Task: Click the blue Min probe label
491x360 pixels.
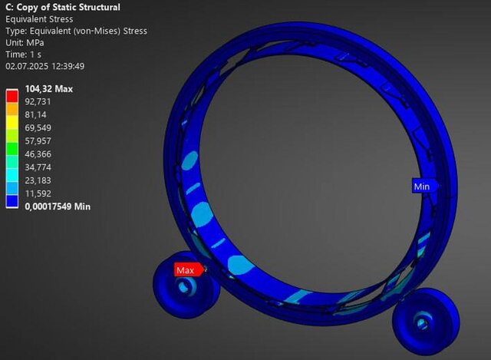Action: (x=424, y=187)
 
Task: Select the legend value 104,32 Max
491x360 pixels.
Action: (x=49, y=89)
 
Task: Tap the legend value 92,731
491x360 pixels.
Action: (x=38, y=102)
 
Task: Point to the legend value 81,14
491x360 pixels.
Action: (x=35, y=115)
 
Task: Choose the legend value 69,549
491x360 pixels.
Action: (x=38, y=128)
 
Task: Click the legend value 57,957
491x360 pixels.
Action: (x=38, y=141)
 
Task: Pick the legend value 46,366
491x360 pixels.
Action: (x=38, y=154)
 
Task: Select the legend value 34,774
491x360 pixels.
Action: (x=38, y=167)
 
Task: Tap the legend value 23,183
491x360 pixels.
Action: (x=38, y=181)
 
